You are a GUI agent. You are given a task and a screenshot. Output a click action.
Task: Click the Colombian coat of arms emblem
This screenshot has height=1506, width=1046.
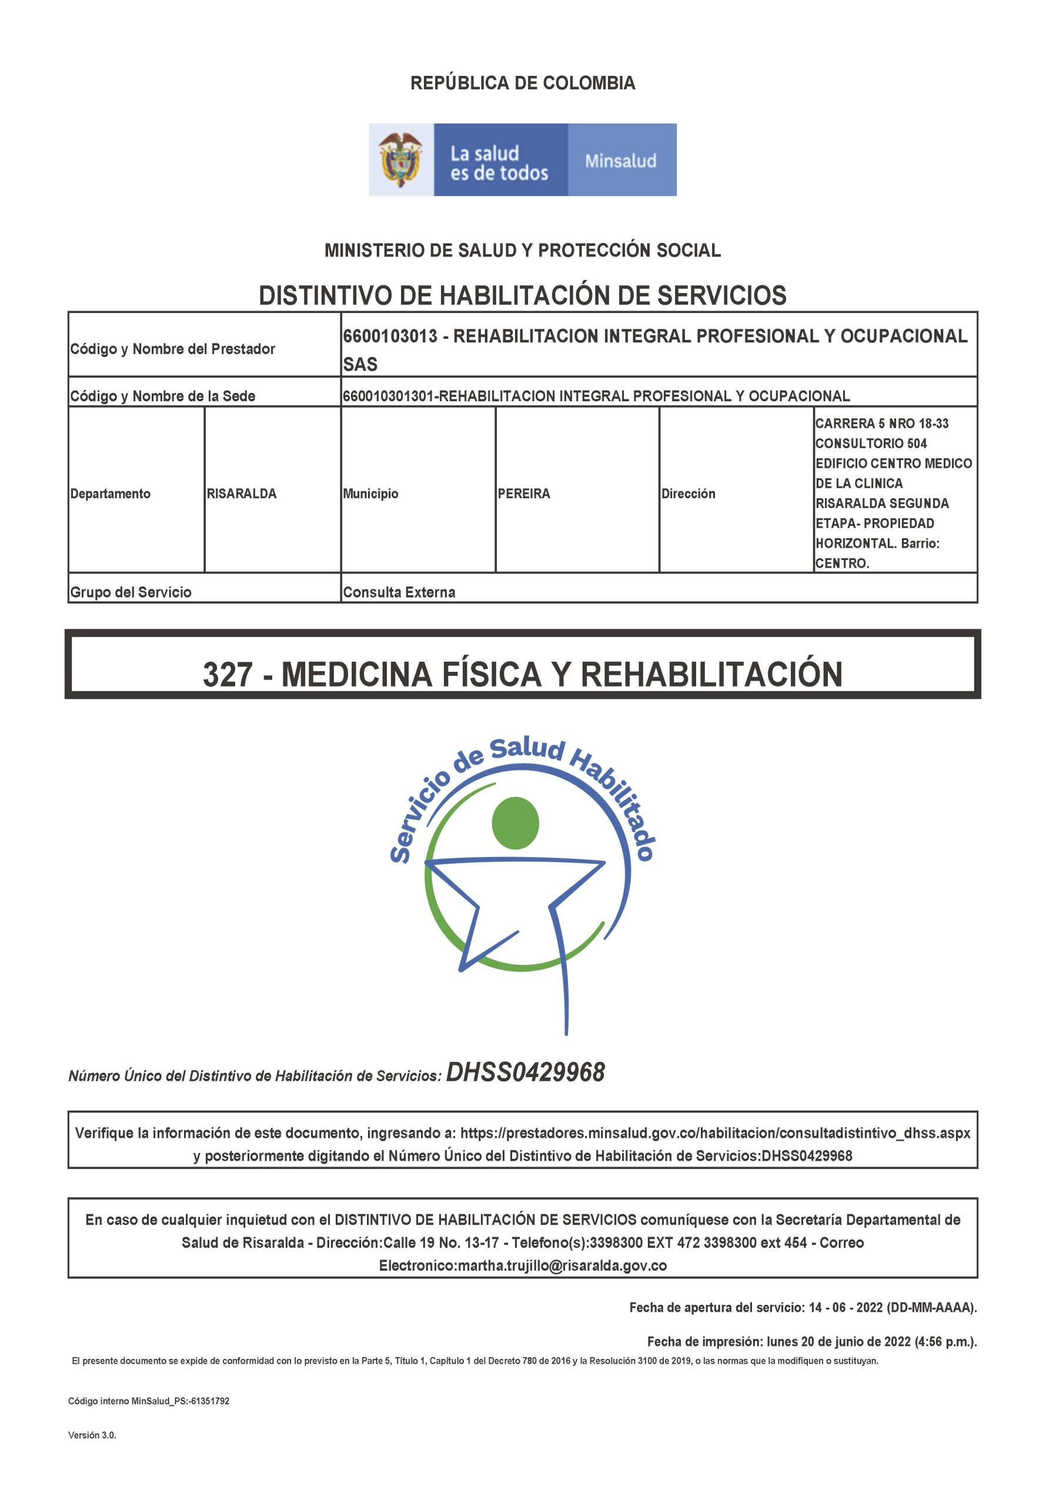pos(400,159)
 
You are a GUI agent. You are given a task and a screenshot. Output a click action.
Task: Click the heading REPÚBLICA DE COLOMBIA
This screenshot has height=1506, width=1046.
pos(522,84)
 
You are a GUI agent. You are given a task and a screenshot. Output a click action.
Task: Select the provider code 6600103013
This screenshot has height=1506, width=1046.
pos(390,336)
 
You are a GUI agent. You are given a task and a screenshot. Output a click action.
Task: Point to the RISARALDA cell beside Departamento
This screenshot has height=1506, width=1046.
pos(241,494)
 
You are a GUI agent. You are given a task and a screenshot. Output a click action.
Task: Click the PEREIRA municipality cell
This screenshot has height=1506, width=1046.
pos(524,494)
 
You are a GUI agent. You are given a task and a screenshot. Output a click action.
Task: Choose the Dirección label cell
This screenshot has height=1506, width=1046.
pos(687,494)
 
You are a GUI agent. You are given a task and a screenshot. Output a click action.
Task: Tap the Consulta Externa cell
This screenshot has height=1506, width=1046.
pos(399,592)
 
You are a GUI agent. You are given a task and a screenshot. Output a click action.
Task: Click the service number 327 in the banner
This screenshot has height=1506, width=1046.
pos(228,675)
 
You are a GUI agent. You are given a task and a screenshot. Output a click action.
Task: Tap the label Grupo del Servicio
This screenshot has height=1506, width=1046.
pos(131,592)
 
